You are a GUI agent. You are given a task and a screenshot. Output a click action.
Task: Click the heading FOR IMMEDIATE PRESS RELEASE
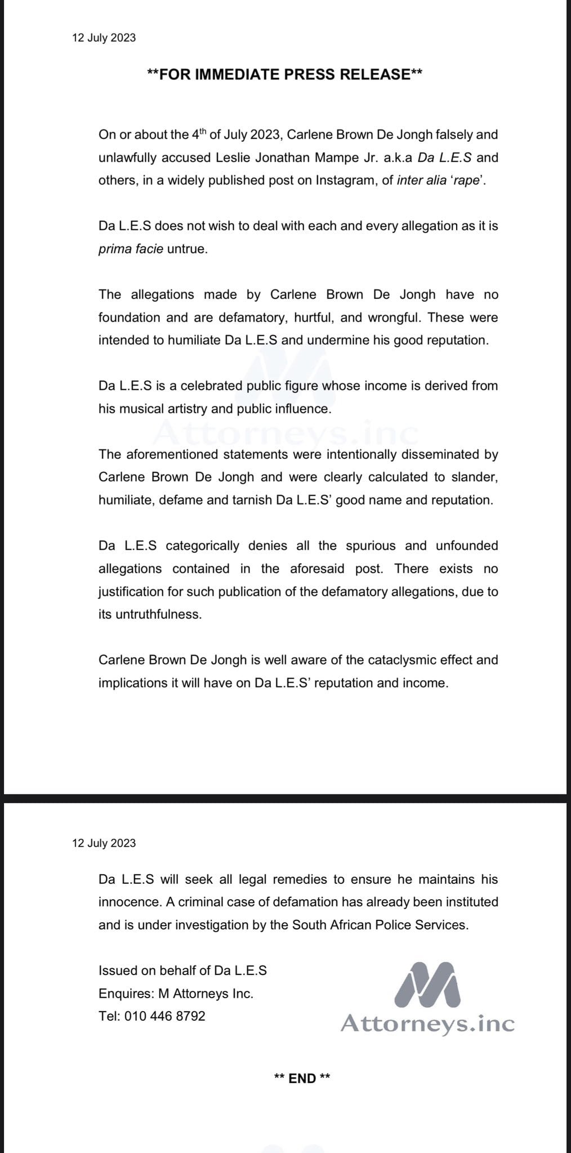coord(284,74)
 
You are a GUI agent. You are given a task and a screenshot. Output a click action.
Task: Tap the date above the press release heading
coord(104,38)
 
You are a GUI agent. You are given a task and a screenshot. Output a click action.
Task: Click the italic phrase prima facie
coord(131,249)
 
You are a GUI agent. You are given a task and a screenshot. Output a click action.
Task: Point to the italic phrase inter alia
coord(421,180)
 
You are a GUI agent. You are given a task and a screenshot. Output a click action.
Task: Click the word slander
coord(473,477)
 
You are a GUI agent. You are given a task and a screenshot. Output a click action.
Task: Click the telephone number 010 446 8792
coord(165,1016)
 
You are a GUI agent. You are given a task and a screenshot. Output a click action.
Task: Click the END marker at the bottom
coord(302,1078)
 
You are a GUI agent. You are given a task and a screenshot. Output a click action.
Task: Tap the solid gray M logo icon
coord(427,985)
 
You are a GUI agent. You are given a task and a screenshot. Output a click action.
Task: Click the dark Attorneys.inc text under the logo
coord(427,1023)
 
